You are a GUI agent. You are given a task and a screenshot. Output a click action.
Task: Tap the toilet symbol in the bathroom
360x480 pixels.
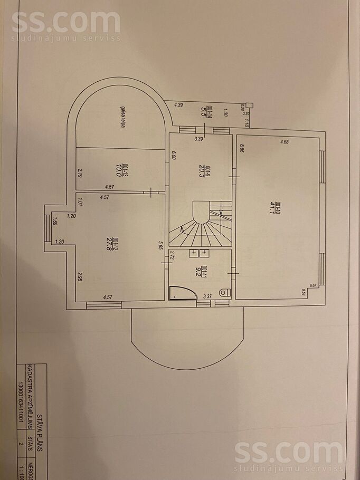click(225, 292)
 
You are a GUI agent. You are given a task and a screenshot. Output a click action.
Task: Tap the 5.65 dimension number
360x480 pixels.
click(160, 245)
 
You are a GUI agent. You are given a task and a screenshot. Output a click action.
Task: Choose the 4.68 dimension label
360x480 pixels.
click(285, 141)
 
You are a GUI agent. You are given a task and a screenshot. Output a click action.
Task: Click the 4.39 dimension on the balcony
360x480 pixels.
click(178, 105)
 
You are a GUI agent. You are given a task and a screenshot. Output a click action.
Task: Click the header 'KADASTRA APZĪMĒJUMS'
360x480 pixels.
click(30, 404)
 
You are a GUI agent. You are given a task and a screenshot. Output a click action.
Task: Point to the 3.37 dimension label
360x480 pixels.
click(209, 296)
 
